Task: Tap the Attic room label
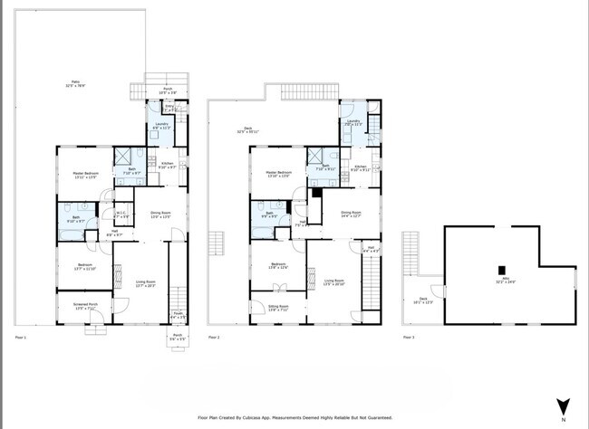(x=498, y=281)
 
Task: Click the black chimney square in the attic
(x=500, y=269)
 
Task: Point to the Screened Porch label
(x=85, y=306)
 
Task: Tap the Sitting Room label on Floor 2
(x=277, y=308)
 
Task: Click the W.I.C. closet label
(x=121, y=215)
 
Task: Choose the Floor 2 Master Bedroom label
(x=277, y=174)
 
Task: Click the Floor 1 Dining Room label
(x=161, y=215)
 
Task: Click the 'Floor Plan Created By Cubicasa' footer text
(x=294, y=418)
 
